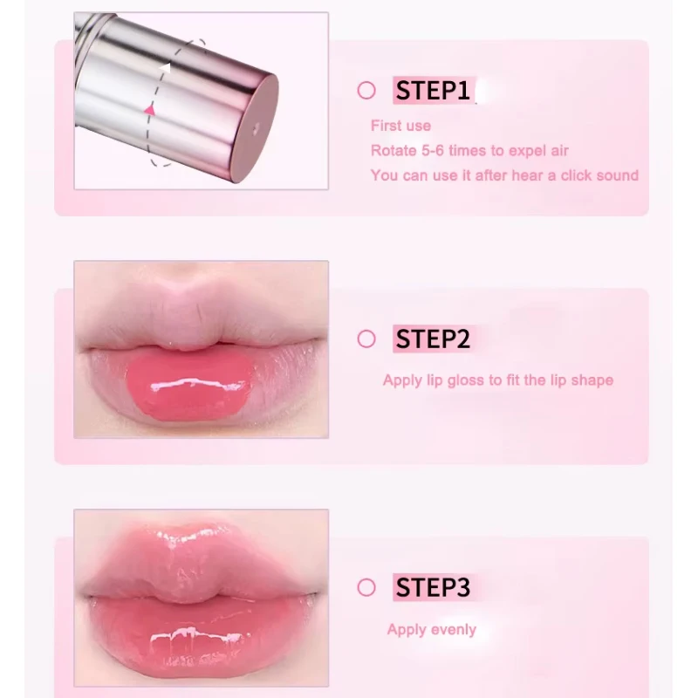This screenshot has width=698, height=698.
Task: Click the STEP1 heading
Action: [x=433, y=91]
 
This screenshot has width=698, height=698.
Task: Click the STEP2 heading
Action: [x=433, y=339]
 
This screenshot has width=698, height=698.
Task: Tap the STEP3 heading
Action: [x=433, y=587]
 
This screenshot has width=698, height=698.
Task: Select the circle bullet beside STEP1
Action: [x=366, y=91]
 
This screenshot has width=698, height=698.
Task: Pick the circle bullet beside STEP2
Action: [x=366, y=339]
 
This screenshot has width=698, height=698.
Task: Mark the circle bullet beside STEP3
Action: [x=366, y=587]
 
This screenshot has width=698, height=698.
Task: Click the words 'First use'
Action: [x=400, y=126]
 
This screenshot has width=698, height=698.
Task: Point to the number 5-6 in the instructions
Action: [x=433, y=150]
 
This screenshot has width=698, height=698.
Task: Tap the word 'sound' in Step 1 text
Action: [x=618, y=175]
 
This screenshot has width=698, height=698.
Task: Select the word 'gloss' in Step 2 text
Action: [x=465, y=380]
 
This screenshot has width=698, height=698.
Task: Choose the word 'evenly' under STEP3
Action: [x=454, y=630]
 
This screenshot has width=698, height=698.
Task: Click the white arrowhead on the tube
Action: [x=166, y=68]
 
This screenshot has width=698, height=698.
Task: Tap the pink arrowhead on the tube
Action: [x=150, y=110]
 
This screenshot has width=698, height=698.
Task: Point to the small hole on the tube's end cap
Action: [x=256, y=129]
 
